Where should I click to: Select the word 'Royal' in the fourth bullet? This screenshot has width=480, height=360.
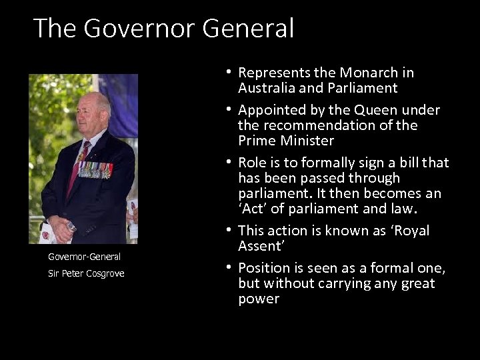408,231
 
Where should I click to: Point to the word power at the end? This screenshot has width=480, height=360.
259,299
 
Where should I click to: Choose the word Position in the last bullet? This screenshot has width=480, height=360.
265,268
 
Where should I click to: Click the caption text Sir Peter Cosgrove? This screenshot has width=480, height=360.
86,273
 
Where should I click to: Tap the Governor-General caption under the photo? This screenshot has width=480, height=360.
84,256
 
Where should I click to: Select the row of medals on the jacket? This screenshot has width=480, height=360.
95,169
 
